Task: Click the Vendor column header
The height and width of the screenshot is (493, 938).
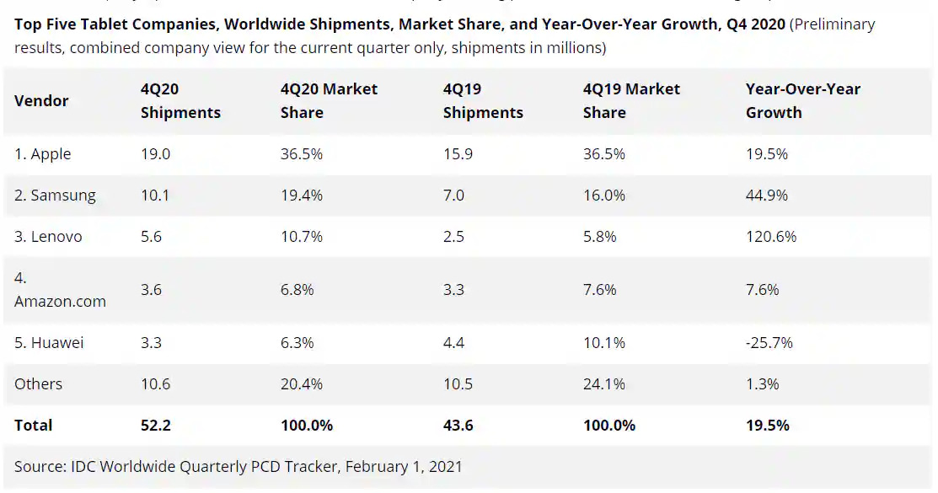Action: (41, 100)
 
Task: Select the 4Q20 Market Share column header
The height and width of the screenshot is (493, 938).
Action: (329, 100)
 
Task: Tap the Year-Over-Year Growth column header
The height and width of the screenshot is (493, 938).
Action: (802, 100)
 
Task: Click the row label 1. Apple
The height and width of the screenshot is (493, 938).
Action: (42, 154)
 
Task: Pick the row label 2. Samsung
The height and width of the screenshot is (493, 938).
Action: (55, 196)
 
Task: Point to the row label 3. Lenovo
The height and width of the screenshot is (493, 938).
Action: (48, 237)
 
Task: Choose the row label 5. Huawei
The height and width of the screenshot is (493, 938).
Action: (49, 343)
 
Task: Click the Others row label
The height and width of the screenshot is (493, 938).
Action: (38, 384)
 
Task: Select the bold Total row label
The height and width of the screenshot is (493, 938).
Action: (33, 426)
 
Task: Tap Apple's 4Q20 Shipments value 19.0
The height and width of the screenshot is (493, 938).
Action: (155, 154)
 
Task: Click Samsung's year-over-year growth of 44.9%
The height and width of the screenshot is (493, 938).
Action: (767, 196)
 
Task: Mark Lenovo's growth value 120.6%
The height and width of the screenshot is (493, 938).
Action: (771, 237)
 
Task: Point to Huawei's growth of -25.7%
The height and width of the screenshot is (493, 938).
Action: (769, 343)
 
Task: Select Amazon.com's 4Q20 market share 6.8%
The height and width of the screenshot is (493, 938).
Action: (297, 290)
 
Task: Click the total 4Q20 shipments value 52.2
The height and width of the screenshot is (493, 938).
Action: (155, 426)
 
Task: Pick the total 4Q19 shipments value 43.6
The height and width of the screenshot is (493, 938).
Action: (458, 426)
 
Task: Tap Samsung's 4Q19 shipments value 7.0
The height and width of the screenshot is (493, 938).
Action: (453, 196)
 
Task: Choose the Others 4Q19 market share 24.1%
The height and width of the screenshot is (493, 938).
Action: (603, 384)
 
